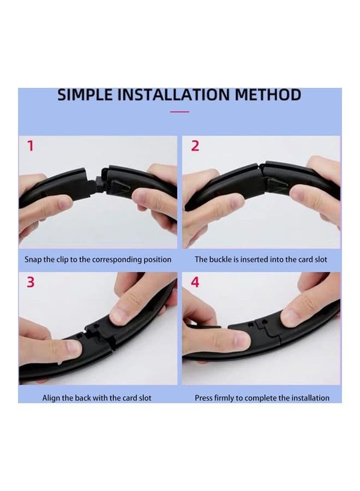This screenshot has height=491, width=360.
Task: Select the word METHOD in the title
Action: [x=268, y=94]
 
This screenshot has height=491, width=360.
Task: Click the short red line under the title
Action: [x=179, y=111]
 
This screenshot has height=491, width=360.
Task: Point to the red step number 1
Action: [x=31, y=146]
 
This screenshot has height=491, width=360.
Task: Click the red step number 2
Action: [x=195, y=146]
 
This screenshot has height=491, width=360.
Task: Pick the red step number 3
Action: [x=31, y=282]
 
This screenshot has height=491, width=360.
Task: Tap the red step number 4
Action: [x=195, y=282]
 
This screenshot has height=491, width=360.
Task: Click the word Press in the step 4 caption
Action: [x=204, y=398]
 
